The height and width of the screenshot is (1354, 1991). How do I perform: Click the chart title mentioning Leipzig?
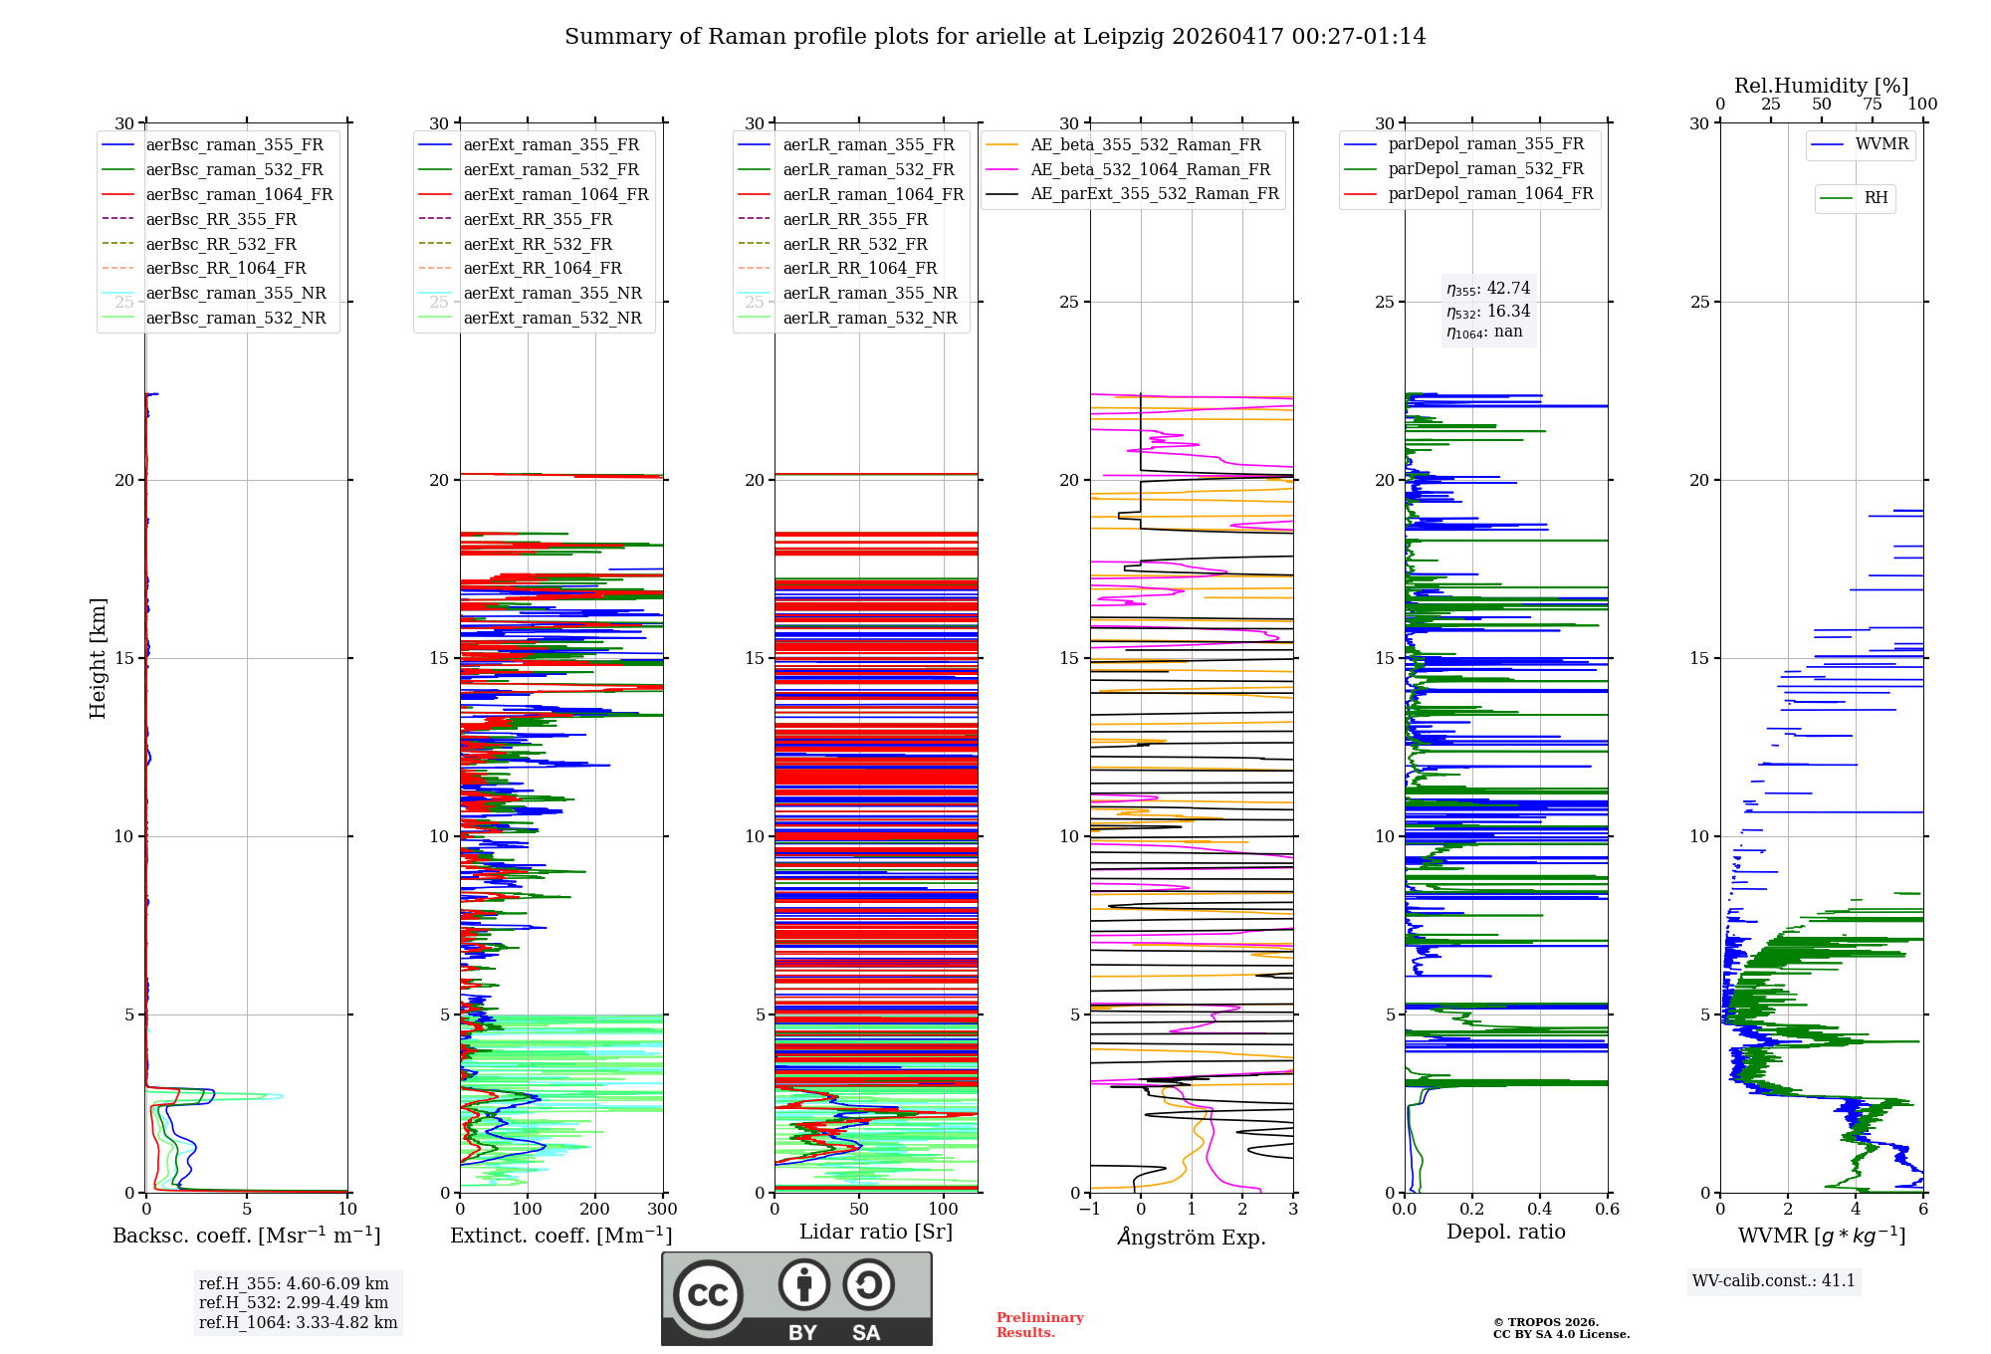click(x=995, y=37)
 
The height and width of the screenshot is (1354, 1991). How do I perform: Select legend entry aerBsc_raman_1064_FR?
click(x=239, y=194)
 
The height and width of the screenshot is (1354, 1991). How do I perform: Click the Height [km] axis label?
click(x=98, y=658)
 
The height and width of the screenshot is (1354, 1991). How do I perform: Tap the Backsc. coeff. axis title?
click(x=247, y=1236)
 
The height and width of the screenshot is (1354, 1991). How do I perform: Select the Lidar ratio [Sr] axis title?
click(x=876, y=1233)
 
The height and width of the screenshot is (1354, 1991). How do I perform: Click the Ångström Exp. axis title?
click(x=1192, y=1237)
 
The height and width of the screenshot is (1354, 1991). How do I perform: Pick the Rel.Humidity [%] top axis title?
click(x=1822, y=86)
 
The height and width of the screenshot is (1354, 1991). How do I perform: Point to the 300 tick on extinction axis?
click(x=662, y=1210)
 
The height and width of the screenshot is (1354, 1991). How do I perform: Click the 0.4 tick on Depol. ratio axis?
click(x=1540, y=1210)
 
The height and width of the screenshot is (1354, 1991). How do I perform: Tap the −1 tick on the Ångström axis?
click(x=1090, y=1210)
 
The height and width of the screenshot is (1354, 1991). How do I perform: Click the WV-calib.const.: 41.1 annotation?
click(x=1774, y=1280)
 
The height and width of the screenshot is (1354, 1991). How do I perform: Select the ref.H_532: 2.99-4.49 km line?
click(x=294, y=1302)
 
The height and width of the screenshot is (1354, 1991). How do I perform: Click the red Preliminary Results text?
click(x=1040, y=1325)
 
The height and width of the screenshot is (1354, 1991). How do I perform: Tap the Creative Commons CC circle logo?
click(x=708, y=1294)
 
